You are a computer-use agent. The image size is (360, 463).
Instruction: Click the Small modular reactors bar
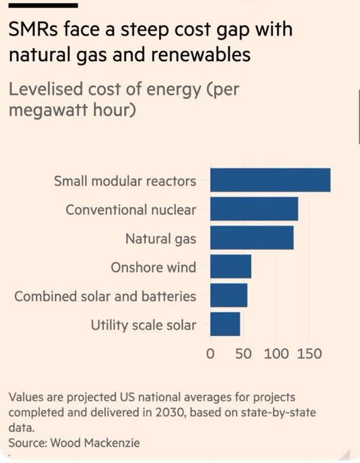pyautogui.click(x=270, y=180)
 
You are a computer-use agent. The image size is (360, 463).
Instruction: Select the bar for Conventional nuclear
pyautogui.click(x=254, y=209)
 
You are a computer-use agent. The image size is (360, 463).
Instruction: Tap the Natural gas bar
pyautogui.click(x=251, y=238)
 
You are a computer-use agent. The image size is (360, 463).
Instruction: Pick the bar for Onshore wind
pyautogui.click(x=230, y=267)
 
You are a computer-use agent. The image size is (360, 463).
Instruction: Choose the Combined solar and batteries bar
pyautogui.click(x=228, y=296)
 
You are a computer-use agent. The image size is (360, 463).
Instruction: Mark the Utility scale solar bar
pyautogui.click(x=225, y=325)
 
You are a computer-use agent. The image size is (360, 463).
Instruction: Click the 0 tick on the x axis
pyautogui.click(x=211, y=352)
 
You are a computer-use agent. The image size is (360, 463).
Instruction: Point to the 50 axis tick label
pyautogui.click(x=243, y=352)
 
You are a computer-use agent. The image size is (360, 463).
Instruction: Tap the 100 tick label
pyautogui.click(x=277, y=352)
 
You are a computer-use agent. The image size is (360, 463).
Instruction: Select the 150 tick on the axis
pyautogui.click(x=309, y=352)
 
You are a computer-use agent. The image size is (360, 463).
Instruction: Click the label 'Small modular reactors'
pyautogui.click(x=125, y=181)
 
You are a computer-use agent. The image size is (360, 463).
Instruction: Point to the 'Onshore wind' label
pyautogui.click(x=153, y=267)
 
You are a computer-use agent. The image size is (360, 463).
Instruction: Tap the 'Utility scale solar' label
pyautogui.click(x=143, y=325)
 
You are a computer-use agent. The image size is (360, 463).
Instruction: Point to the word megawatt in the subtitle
pyautogui.click(x=47, y=109)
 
